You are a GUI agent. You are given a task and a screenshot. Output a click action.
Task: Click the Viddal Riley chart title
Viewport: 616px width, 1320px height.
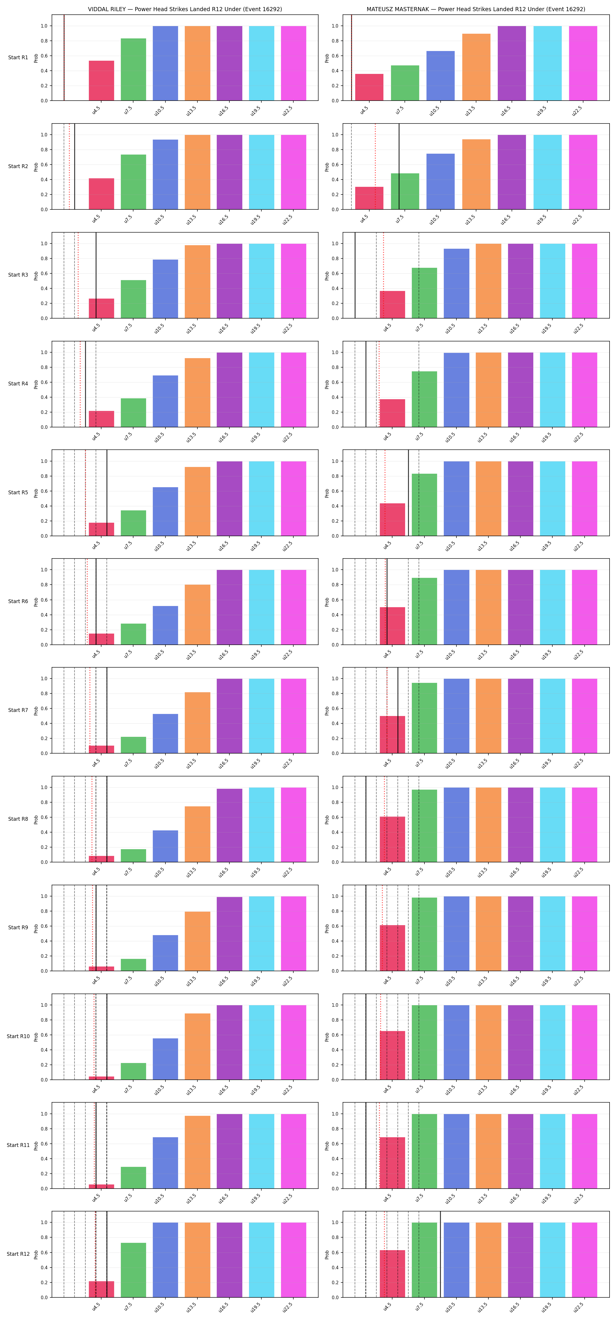pos(185,9)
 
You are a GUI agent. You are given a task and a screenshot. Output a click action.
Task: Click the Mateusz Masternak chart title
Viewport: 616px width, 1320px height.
pos(475,9)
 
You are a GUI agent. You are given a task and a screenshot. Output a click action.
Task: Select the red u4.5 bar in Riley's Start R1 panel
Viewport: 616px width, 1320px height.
pos(101,80)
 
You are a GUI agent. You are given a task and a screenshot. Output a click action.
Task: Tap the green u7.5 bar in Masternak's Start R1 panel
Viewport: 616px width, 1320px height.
pos(405,83)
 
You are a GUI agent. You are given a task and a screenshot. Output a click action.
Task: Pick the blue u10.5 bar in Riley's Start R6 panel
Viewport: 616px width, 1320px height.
pos(165,625)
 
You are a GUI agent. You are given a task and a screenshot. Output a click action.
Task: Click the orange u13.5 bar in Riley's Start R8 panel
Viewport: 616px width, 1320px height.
pos(197,834)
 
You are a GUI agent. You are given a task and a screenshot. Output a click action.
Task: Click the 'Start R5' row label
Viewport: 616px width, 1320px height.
pos(18,493)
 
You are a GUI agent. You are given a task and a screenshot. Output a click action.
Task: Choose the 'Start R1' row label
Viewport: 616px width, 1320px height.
pos(18,57)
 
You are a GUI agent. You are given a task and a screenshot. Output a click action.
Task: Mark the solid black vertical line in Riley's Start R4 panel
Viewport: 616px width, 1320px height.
pos(85,384)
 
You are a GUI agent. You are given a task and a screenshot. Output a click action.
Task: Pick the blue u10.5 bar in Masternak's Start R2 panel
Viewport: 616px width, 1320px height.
pos(440,181)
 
